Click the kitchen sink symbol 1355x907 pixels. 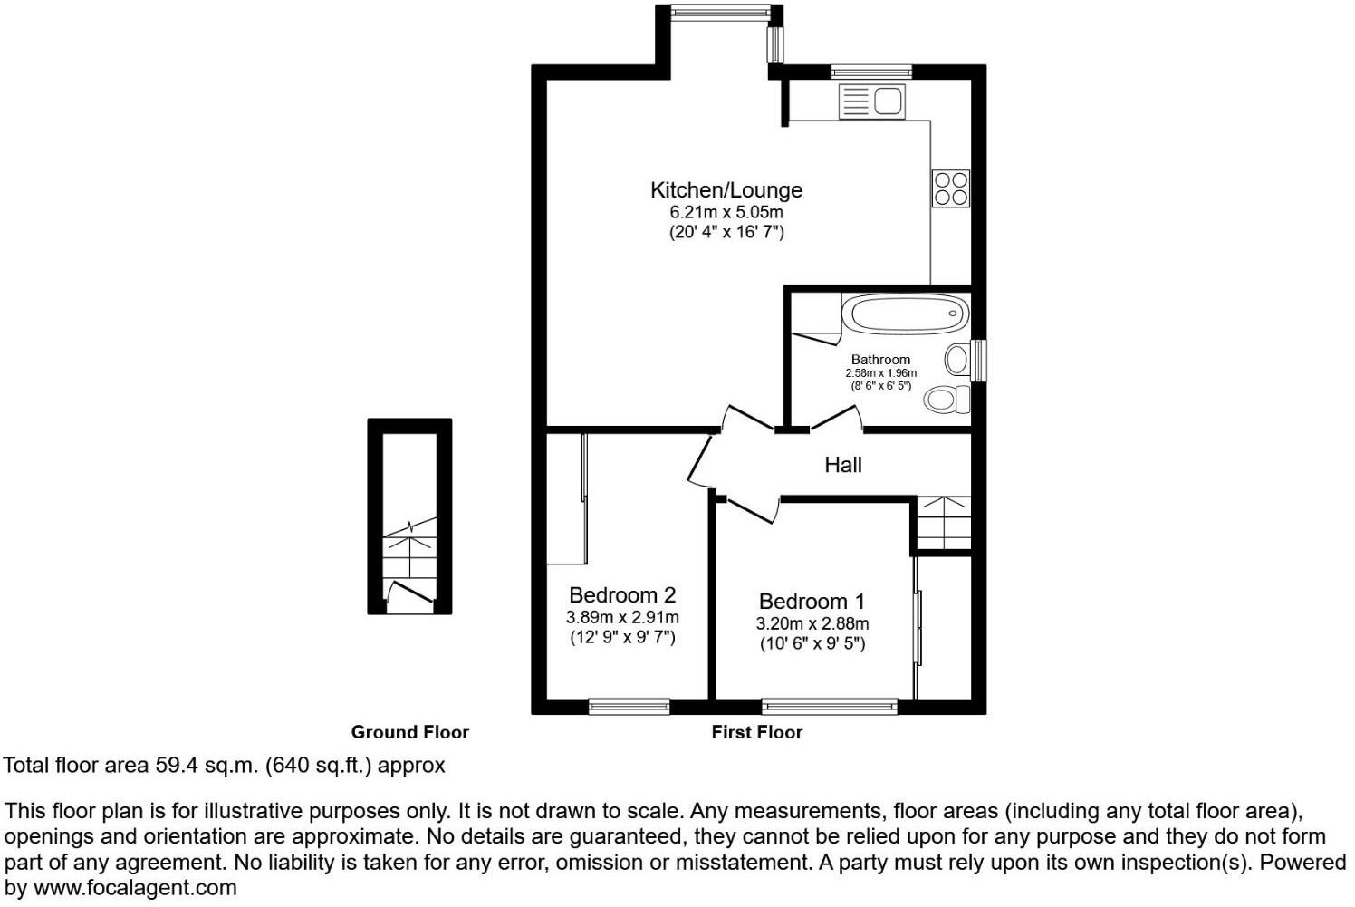(x=872, y=101)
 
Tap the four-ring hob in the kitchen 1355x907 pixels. (x=951, y=188)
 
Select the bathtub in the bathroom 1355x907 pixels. (x=903, y=314)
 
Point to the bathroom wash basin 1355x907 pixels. (x=956, y=360)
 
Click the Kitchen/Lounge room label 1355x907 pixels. (x=726, y=190)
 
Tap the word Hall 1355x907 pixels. (x=842, y=465)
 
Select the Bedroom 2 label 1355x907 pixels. (x=621, y=595)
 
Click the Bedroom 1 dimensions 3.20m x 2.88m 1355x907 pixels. (x=812, y=623)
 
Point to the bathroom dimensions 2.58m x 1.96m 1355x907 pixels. (x=880, y=373)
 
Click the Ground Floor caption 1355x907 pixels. (x=409, y=732)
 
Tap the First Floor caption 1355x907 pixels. (x=756, y=732)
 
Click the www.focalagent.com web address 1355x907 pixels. (x=135, y=888)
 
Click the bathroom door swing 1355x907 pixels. (x=835, y=418)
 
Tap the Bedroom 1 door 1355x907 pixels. (x=751, y=509)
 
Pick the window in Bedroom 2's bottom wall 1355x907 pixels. (x=629, y=707)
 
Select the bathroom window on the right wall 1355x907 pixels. (x=978, y=360)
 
